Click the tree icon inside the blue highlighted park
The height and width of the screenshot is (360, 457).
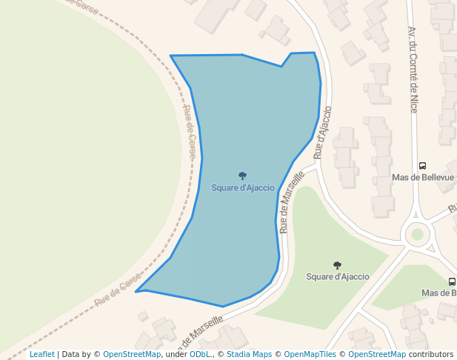click(x=242, y=176)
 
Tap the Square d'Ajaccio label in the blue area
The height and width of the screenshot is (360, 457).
click(x=243, y=188)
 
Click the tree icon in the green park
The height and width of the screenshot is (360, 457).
click(x=337, y=265)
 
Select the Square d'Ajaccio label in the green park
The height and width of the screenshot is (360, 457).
click(x=337, y=277)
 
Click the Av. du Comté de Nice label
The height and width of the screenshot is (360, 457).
click(x=413, y=70)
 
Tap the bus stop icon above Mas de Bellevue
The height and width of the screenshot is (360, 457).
click(x=422, y=166)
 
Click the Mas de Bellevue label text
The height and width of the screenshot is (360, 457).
click(x=422, y=178)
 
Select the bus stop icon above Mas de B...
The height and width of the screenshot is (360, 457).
click(x=452, y=281)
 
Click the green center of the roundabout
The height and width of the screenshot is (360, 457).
click(x=417, y=234)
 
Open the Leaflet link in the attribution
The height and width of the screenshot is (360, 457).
click(x=42, y=354)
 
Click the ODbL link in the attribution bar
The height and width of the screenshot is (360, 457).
click(x=200, y=354)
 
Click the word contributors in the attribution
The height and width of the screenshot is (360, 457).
click(x=430, y=354)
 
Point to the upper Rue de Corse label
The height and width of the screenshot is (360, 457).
click(x=190, y=133)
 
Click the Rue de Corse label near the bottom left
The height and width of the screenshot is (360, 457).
click(x=117, y=290)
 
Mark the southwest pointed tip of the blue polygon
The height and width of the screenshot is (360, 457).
click(x=136, y=292)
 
